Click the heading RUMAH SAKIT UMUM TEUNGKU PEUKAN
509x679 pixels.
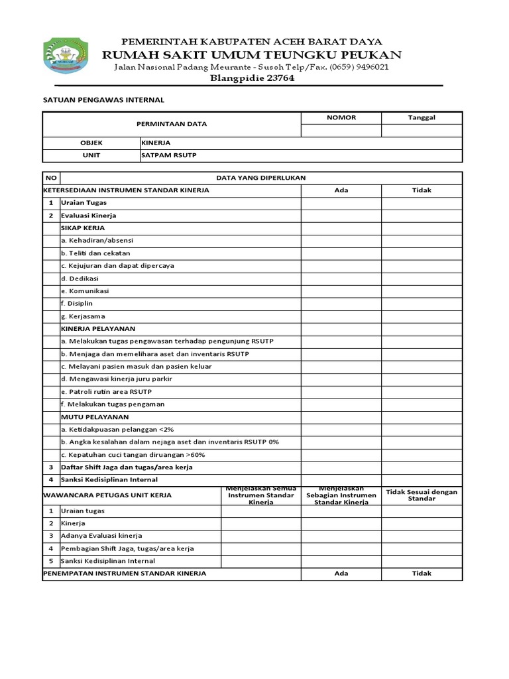(x=251, y=54)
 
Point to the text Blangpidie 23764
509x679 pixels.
(x=251, y=78)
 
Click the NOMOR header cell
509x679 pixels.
(x=341, y=117)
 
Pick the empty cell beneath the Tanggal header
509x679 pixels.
(x=422, y=131)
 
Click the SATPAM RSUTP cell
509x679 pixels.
(x=169, y=155)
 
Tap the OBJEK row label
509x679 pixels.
(x=91, y=143)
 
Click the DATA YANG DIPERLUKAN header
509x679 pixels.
(x=261, y=178)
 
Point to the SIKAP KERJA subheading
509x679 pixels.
(x=83, y=227)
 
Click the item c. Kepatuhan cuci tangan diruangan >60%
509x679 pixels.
(x=133, y=454)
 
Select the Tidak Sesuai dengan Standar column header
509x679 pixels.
(x=422, y=495)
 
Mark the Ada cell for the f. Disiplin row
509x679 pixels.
(x=341, y=303)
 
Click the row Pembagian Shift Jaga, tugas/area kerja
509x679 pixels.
(x=127, y=548)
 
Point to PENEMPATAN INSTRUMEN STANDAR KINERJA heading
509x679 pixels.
(x=125, y=573)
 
